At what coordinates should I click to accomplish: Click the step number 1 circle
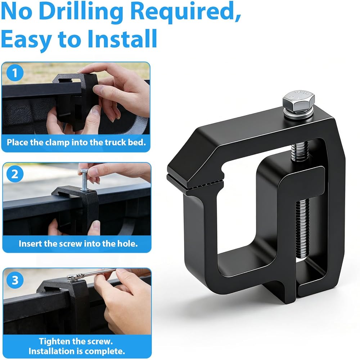(x=15, y=73)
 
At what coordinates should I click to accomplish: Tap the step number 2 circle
(x=15, y=174)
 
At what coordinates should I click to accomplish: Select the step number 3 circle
(x=15, y=280)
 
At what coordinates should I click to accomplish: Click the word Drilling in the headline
(x=81, y=12)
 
